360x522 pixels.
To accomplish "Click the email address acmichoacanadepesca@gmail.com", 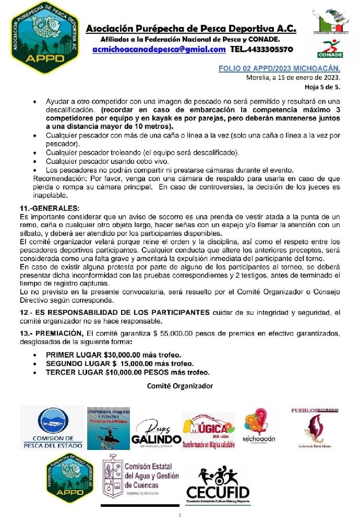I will click(x=159, y=49).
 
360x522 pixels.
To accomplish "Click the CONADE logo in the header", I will click(x=330, y=49).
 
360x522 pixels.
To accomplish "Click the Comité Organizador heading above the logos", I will click(x=180, y=386).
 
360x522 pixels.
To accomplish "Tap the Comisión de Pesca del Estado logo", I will click(x=53, y=428).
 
